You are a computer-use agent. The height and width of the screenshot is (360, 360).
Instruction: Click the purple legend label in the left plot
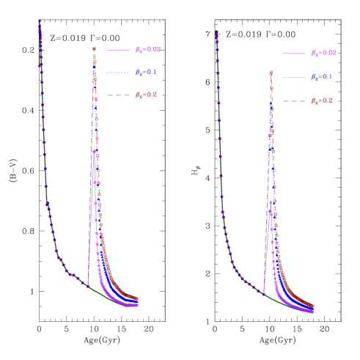click(147, 50)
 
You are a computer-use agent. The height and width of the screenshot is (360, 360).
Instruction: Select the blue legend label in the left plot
click(146, 73)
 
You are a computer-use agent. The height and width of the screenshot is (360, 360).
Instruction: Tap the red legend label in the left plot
click(146, 95)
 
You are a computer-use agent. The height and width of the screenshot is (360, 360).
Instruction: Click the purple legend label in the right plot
click(323, 54)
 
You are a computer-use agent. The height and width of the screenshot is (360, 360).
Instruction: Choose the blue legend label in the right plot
click(321, 77)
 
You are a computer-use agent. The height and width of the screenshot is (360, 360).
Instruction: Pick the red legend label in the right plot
click(321, 100)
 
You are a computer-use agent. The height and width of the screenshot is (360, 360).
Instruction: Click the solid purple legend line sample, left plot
click(118, 50)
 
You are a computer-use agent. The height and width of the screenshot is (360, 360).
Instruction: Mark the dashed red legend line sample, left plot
click(118, 95)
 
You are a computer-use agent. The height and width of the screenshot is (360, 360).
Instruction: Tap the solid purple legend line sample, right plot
click(294, 54)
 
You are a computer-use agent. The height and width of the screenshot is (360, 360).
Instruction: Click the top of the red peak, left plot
click(94, 49)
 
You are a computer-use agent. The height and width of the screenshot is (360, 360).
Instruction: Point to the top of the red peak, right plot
click(271, 72)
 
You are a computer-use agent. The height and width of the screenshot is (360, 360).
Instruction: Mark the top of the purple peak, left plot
click(93, 151)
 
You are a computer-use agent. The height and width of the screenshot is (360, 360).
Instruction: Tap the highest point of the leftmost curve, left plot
click(39, 21)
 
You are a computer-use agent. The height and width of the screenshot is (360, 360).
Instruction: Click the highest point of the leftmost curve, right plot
click(216, 32)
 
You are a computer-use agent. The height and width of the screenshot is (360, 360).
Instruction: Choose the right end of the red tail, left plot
click(138, 298)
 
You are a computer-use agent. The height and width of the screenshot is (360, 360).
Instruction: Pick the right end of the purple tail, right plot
click(314, 312)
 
